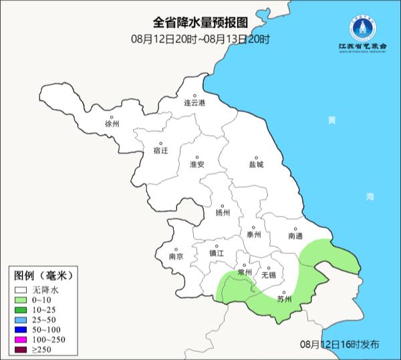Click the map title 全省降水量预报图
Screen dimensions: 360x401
pyautogui.click(x=200, y=25)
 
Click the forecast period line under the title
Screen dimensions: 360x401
pyautogui.click(x=200, y=39)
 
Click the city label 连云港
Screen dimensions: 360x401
pyautogui.click(x=195, y=103)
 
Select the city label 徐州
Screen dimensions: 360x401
pyautogui.click(x=112, y=124)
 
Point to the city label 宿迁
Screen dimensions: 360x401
pyautogui.click(x=160, y=151)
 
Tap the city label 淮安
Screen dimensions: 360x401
pyautogui.click(x=196, y=165)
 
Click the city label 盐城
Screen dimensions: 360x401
pyautogui.click(x=256, y=164)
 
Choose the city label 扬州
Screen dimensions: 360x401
pyautogui.click(x=223, y=213)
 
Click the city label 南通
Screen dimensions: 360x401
pyautogui.click(x=295, y=236)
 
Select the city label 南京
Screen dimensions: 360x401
pyautogui.click(x=176, y=255)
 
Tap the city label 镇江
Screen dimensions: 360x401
pyautogui.click(x=217, y=253)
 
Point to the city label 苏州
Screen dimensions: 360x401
pyautogui.click(x=284, y=299)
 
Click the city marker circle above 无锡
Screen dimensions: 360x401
pyautogui.click(x=268, y=267)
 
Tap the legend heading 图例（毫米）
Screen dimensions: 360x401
pyautogui.click(x=43, y=276)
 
